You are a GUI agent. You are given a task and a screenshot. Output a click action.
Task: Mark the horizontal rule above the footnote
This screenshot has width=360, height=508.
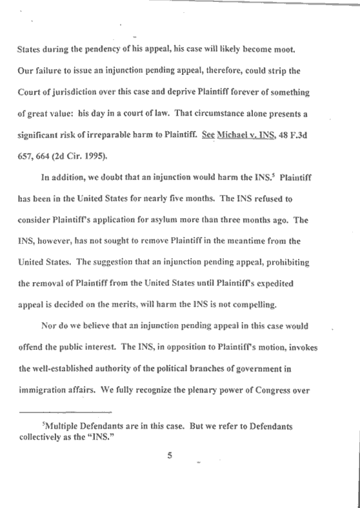[x=66, y=412]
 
